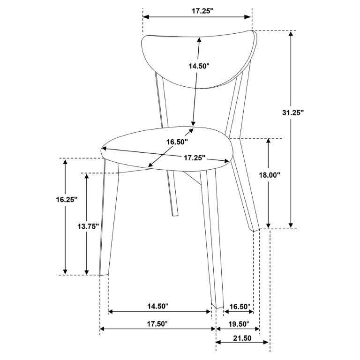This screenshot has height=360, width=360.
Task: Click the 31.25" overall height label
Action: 292,112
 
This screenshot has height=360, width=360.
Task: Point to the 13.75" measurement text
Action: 88,226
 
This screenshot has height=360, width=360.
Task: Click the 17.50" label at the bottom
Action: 157,324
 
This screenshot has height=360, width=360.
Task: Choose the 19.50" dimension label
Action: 239,324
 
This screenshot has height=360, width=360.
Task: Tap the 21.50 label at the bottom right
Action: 242,338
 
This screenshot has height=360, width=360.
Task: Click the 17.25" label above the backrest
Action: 202,11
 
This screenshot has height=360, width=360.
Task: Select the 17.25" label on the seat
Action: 195,157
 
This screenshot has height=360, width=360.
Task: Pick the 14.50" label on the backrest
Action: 199,66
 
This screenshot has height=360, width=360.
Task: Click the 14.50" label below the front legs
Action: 157,306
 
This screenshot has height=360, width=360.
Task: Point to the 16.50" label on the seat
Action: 177,142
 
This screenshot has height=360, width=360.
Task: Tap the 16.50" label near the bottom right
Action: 240,307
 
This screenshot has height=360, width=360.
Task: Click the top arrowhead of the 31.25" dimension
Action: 291,34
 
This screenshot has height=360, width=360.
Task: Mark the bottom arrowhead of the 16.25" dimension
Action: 66,271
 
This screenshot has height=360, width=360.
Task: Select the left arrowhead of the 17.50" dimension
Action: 103,329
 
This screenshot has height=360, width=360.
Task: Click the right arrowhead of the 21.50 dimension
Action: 266,342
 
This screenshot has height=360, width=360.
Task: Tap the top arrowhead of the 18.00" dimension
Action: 268,141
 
